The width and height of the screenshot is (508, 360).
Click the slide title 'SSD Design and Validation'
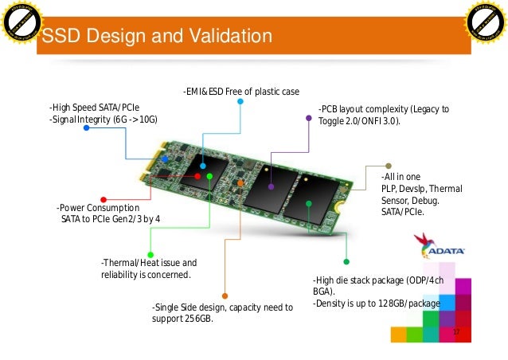156,37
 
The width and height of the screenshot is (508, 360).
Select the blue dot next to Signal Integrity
86,127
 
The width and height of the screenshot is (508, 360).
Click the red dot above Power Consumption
104,199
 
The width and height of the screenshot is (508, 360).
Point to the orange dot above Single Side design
225,295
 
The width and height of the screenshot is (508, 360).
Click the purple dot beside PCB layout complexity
309,118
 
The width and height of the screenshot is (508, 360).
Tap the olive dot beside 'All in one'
388,166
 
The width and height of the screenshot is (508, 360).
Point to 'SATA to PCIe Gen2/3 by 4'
111,218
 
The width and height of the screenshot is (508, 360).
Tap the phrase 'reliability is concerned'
146,275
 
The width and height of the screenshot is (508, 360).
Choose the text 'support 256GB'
182,319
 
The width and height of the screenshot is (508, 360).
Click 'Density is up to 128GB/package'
377,303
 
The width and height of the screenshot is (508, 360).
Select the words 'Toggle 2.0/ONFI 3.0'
358,121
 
